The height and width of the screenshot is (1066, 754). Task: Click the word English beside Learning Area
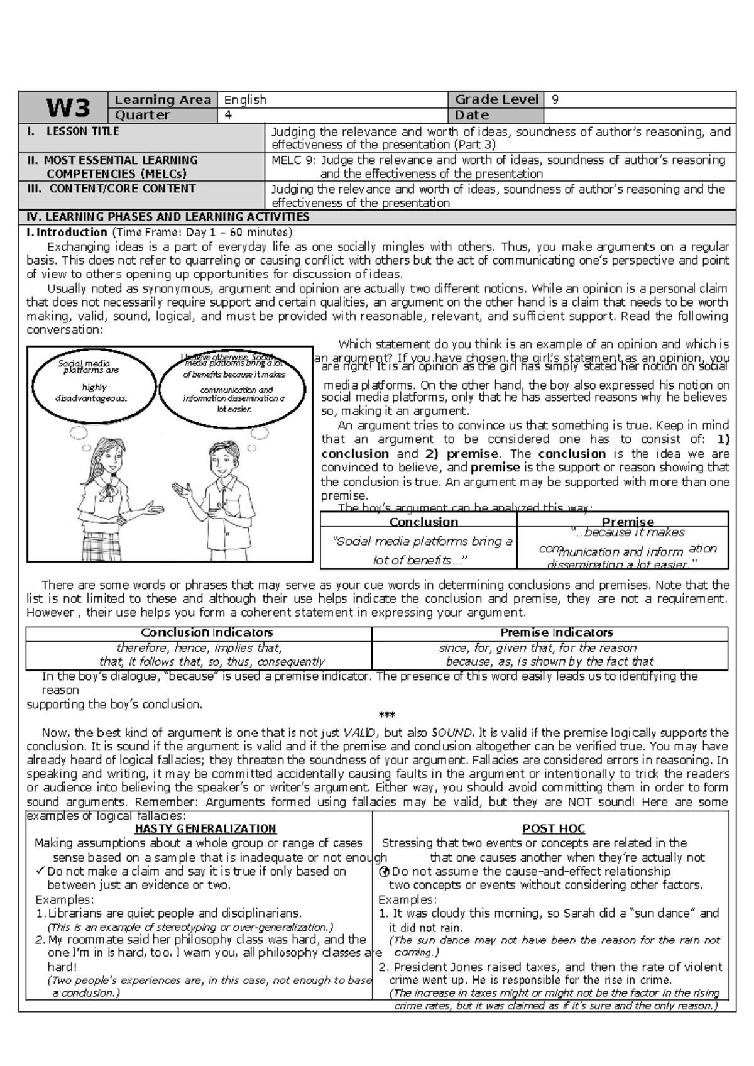pos(246,100)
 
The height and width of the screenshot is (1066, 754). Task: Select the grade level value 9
pos(554,99)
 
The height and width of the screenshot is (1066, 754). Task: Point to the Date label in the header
pos(472,115)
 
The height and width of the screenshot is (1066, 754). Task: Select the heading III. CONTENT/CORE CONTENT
pos(111,189)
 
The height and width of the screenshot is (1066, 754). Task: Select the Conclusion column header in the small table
pos(423,522)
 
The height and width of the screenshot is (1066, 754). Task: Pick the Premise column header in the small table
pos(627,522)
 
